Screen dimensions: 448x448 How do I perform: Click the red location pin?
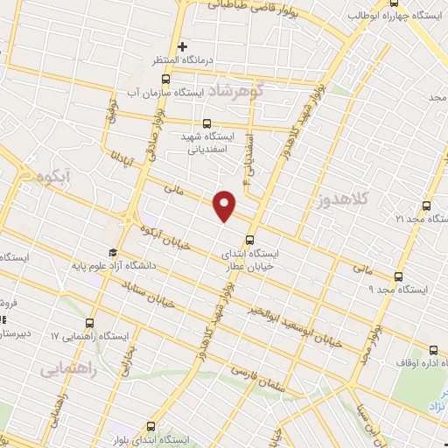[x=226, y=203]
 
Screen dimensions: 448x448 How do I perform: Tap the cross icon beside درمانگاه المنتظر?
[x=182, y=46]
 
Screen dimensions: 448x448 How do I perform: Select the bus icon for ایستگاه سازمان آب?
[x=167, y=78]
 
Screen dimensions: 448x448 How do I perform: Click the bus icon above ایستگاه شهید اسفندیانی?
[x=206, y=123]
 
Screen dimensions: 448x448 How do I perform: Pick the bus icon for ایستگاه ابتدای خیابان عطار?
[x=250, y=239]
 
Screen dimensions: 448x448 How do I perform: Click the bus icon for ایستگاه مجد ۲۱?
[x=426, y=206]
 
